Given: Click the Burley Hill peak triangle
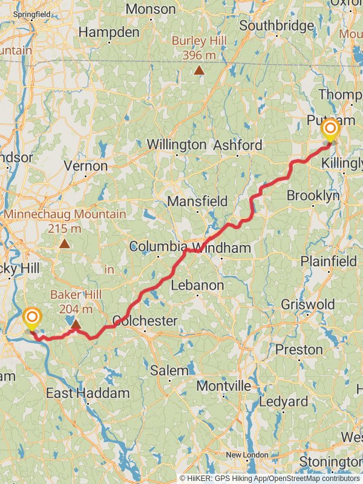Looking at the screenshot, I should click(199, 70).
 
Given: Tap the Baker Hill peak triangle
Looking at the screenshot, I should click(76, 325).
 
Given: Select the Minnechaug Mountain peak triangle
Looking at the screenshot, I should click(64, 243).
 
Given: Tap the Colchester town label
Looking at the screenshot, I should click(145, 321).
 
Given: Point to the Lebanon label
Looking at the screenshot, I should click(197, 285).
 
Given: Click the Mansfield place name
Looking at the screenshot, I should click(197, 201).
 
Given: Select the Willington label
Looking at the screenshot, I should click(177, 145).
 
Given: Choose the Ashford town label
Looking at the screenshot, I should click(238, 145).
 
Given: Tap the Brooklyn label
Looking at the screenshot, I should click(313, 196).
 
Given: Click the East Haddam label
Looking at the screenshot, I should click(88, 393).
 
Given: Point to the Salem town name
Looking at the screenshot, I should click(170, 370).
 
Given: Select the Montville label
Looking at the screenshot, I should click(224, 386).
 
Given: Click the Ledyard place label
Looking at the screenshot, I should click(283, 401).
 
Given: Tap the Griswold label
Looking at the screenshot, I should click(303, 304).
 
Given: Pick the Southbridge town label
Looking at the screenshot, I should click(276, 26).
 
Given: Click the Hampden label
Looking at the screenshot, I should click(109, 32).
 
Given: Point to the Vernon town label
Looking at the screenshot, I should click(85, 166).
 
